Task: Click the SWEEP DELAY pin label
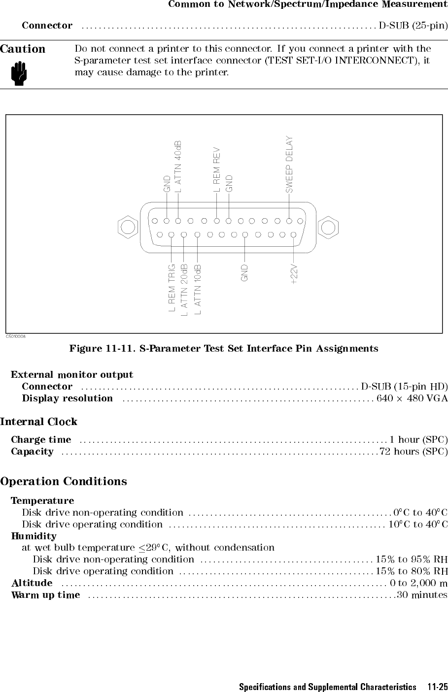[289, 165]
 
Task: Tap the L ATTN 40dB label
[178, 167]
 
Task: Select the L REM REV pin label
[217, 169]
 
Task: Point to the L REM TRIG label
[172, 288]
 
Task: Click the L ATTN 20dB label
[184, 290]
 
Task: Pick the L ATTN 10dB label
[198, 290]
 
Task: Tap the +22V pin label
[294, 274]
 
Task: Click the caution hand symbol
[19, 73]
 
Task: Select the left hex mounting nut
[128, 228]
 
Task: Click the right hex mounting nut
[328, 228]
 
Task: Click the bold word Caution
[23, 49]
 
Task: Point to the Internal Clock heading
[38, 422]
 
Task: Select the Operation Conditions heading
[64, 481]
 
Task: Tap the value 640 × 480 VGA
[412, 398]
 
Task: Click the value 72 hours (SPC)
[414, 452]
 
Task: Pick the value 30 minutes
[422, 594]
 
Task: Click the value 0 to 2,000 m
[419, 583]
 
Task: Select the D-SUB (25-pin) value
[414, 25]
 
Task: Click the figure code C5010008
[16, 337]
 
